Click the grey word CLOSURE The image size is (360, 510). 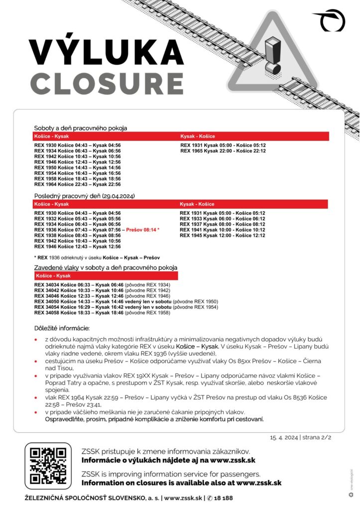pos(106,83)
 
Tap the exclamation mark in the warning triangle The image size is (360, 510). pos(272,56)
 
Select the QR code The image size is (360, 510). pos(48,466)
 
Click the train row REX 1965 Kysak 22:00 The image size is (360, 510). pos(223,150)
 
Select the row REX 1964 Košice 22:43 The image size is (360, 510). pos(77,184)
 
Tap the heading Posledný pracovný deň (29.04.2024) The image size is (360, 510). pos(85,196)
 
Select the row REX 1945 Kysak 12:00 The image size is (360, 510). pos(222,235)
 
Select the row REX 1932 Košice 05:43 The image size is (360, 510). pos(77,218)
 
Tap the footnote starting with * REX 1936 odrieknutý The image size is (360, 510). pos(97,257)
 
